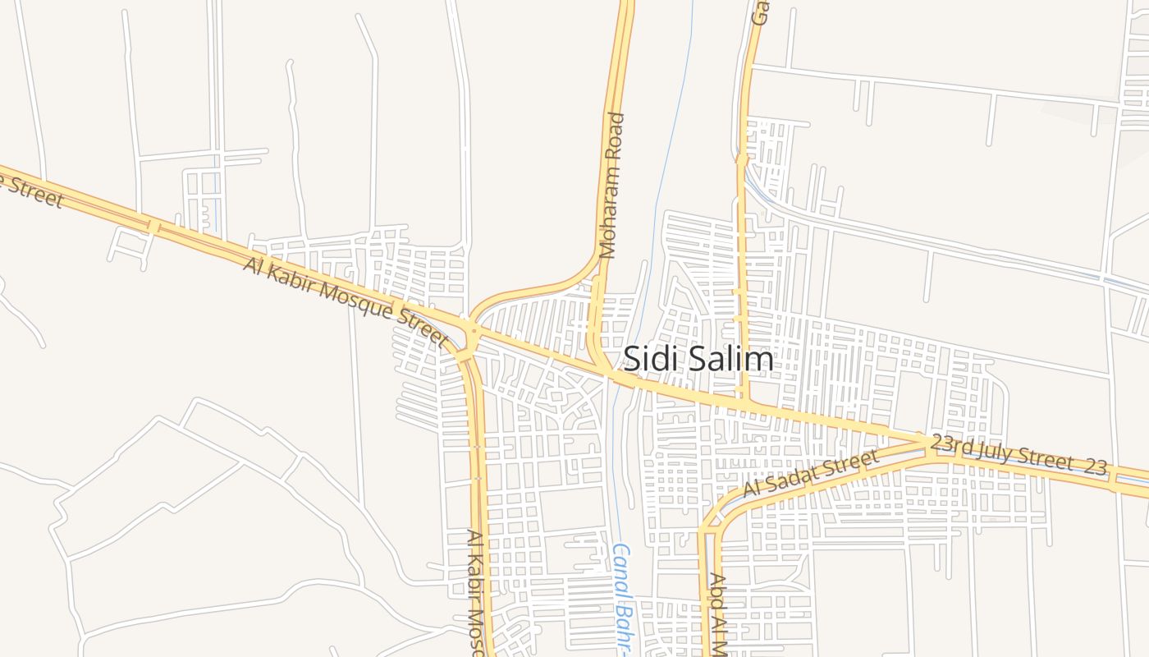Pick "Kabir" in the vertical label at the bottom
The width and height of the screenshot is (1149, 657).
(x=474, y=575)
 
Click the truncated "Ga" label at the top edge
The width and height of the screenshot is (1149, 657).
(x=762, y=11)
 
